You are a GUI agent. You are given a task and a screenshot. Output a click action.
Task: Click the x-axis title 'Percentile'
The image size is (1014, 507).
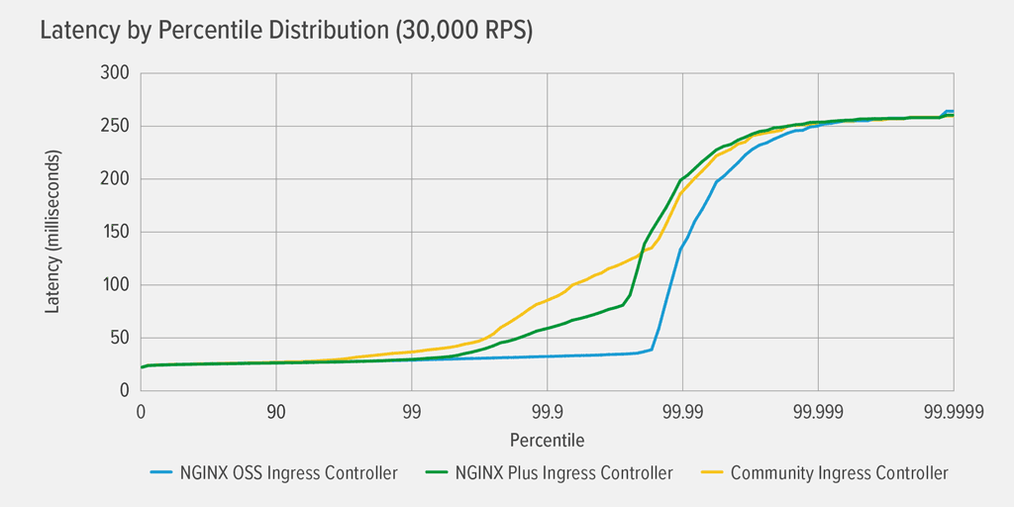(x=547, y=439)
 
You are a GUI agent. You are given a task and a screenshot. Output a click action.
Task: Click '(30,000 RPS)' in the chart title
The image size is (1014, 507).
(x=464, y=31)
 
